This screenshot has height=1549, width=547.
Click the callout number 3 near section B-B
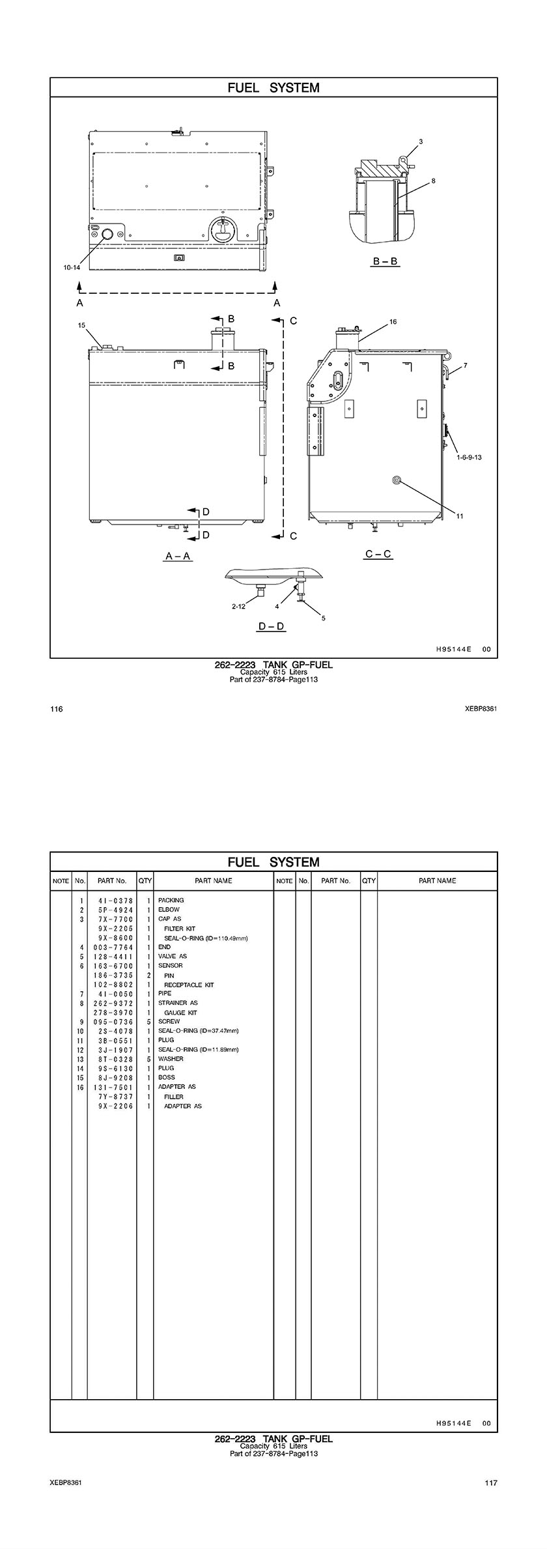coord(421,141)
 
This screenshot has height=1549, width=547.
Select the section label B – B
coord(386,261)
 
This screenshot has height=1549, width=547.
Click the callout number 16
coord(393,321)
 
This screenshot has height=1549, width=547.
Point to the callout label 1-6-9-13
coord(469,457)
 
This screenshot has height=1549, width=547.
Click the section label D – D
coord(272,626)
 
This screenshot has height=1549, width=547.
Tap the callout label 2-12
coord(238,607)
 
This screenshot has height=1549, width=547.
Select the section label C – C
coord(378,554)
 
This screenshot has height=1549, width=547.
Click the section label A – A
coord(178,556)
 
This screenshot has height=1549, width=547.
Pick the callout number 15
coord(81,325)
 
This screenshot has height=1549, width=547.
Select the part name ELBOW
coord(169,910)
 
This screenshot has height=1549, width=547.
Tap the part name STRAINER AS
coord(178,1003)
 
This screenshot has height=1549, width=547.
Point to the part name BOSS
coord(167,1077)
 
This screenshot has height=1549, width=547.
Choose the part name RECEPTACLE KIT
coord(189,985)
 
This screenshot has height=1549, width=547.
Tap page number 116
coord(57,709)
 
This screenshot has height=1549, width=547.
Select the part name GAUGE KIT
coord(180,1013)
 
